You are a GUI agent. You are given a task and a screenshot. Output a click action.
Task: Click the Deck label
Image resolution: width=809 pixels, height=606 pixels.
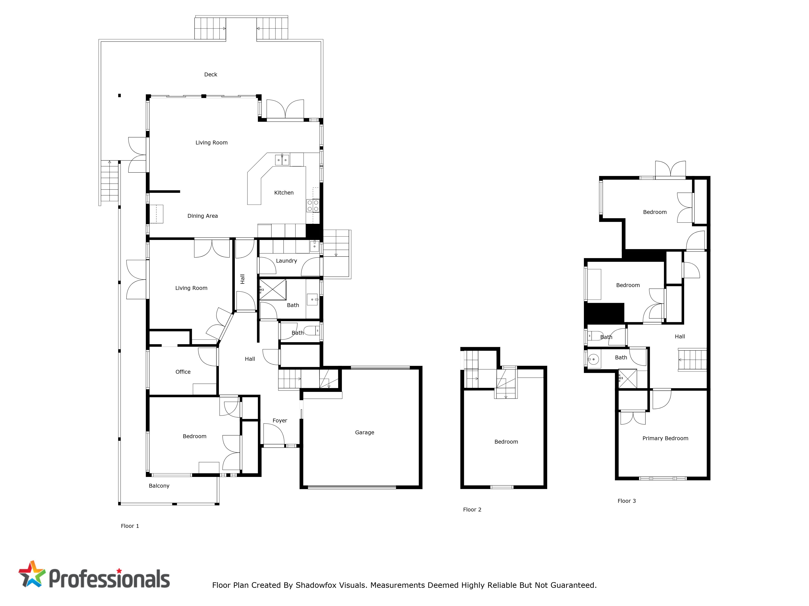pos(211,75)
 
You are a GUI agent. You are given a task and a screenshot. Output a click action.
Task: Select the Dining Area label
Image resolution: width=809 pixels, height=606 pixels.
pos(203,216)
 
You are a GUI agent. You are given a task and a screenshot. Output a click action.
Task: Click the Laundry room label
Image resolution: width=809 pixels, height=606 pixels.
pos(286,261)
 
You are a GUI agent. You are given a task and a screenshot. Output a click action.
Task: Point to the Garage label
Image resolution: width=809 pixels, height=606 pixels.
pos(365,432)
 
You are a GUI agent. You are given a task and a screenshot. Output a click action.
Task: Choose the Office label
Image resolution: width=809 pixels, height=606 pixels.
pos(183,372)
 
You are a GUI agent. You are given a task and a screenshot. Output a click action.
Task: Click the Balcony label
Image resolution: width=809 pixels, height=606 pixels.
pos(159,486)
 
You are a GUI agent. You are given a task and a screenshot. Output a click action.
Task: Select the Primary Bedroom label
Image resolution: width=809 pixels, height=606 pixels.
pos(665,438)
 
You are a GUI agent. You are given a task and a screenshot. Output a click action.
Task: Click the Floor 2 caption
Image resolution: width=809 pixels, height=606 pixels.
pos(472,510)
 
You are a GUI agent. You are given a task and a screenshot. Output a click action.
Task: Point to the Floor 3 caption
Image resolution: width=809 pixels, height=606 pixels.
pos(627,501)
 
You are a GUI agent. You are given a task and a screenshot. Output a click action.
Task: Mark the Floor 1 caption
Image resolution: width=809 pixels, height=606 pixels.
pos(130,526)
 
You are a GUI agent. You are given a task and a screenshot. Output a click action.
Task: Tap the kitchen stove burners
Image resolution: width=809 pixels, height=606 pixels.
pos(313,206)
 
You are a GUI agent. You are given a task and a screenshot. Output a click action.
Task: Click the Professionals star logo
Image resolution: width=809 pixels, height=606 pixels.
pos(32,574)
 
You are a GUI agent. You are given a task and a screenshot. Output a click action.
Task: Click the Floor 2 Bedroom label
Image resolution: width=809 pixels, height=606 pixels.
pos(506,442)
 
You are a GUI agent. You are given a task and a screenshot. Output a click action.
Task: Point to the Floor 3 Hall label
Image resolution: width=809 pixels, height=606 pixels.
pos(680,336)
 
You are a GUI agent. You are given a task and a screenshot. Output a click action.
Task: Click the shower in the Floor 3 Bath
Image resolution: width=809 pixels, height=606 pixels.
pos(628,379)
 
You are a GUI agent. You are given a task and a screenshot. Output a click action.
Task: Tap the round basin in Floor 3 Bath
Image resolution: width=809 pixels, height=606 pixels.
pos(593,359)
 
